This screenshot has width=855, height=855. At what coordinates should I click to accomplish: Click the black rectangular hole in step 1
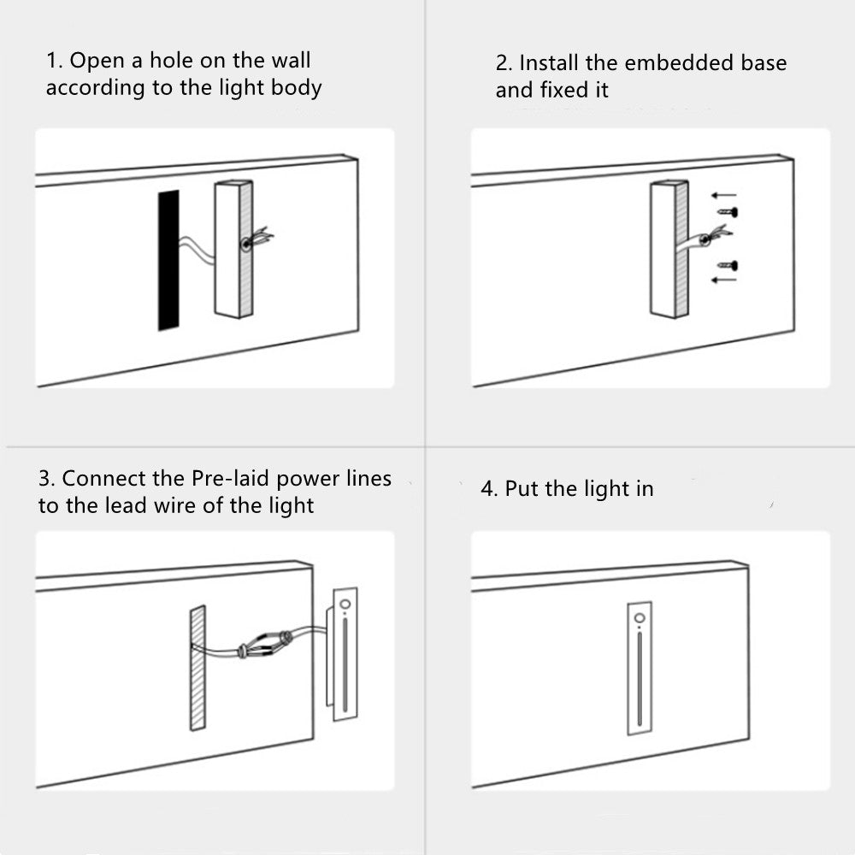pyautogui.click(x=168, y=260)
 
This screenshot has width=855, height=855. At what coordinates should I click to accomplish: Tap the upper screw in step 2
pyautogui.click(x=726, y=210)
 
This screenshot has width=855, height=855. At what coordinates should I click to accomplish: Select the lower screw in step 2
pyautogui.click(x=726, y=265)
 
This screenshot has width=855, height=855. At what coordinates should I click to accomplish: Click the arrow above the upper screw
pyautogui.click(x=723, y=195)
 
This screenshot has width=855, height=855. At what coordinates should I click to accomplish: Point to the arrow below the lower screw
pyautogui.click(x=723, y=279)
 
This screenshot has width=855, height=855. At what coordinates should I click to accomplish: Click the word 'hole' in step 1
pyautogui.click(x=171, y=61)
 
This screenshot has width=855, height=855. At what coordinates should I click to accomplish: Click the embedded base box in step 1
pyautogui.click(x=233, y=249)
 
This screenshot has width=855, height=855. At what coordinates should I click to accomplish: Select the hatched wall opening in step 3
pyautogui.click(x=198, y=668)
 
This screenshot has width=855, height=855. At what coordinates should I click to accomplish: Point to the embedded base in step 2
pyautogui.click(x=669, y=249)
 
